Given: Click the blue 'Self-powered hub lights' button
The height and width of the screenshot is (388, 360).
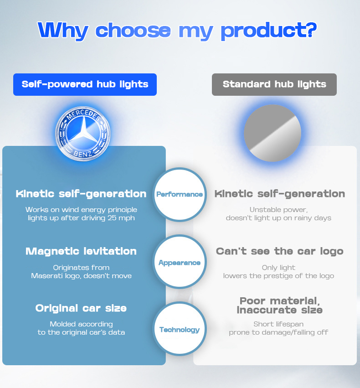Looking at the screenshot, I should [85, 84].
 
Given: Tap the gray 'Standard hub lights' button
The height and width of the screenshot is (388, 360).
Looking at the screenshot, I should [274, 84].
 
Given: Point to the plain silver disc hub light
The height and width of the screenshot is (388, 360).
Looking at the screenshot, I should [273, 133].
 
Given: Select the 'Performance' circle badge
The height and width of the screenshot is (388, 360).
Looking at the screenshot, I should [180, 194].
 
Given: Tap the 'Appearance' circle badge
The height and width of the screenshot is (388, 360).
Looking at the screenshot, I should [180, 263].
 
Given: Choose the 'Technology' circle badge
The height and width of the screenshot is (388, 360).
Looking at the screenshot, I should [180, 330].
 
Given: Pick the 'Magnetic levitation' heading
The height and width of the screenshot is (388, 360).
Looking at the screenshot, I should [81, 251].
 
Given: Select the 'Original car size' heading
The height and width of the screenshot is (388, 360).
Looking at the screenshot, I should [81, 308].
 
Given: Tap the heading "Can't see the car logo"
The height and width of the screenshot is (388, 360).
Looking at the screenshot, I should [279, 251].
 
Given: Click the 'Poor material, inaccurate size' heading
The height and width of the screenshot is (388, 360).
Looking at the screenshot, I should [279, 305].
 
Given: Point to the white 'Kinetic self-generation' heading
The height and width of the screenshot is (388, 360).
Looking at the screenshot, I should [81, 194].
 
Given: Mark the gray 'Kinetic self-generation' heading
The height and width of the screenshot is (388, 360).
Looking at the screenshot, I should [279, 194].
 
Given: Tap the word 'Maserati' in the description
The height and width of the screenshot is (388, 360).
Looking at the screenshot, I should [48, 276].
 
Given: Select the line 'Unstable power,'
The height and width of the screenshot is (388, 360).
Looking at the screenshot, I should [278, 210].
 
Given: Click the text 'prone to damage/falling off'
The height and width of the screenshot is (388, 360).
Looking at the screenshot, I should [278, 332].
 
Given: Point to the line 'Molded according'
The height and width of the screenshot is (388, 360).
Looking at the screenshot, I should [81, 324].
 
